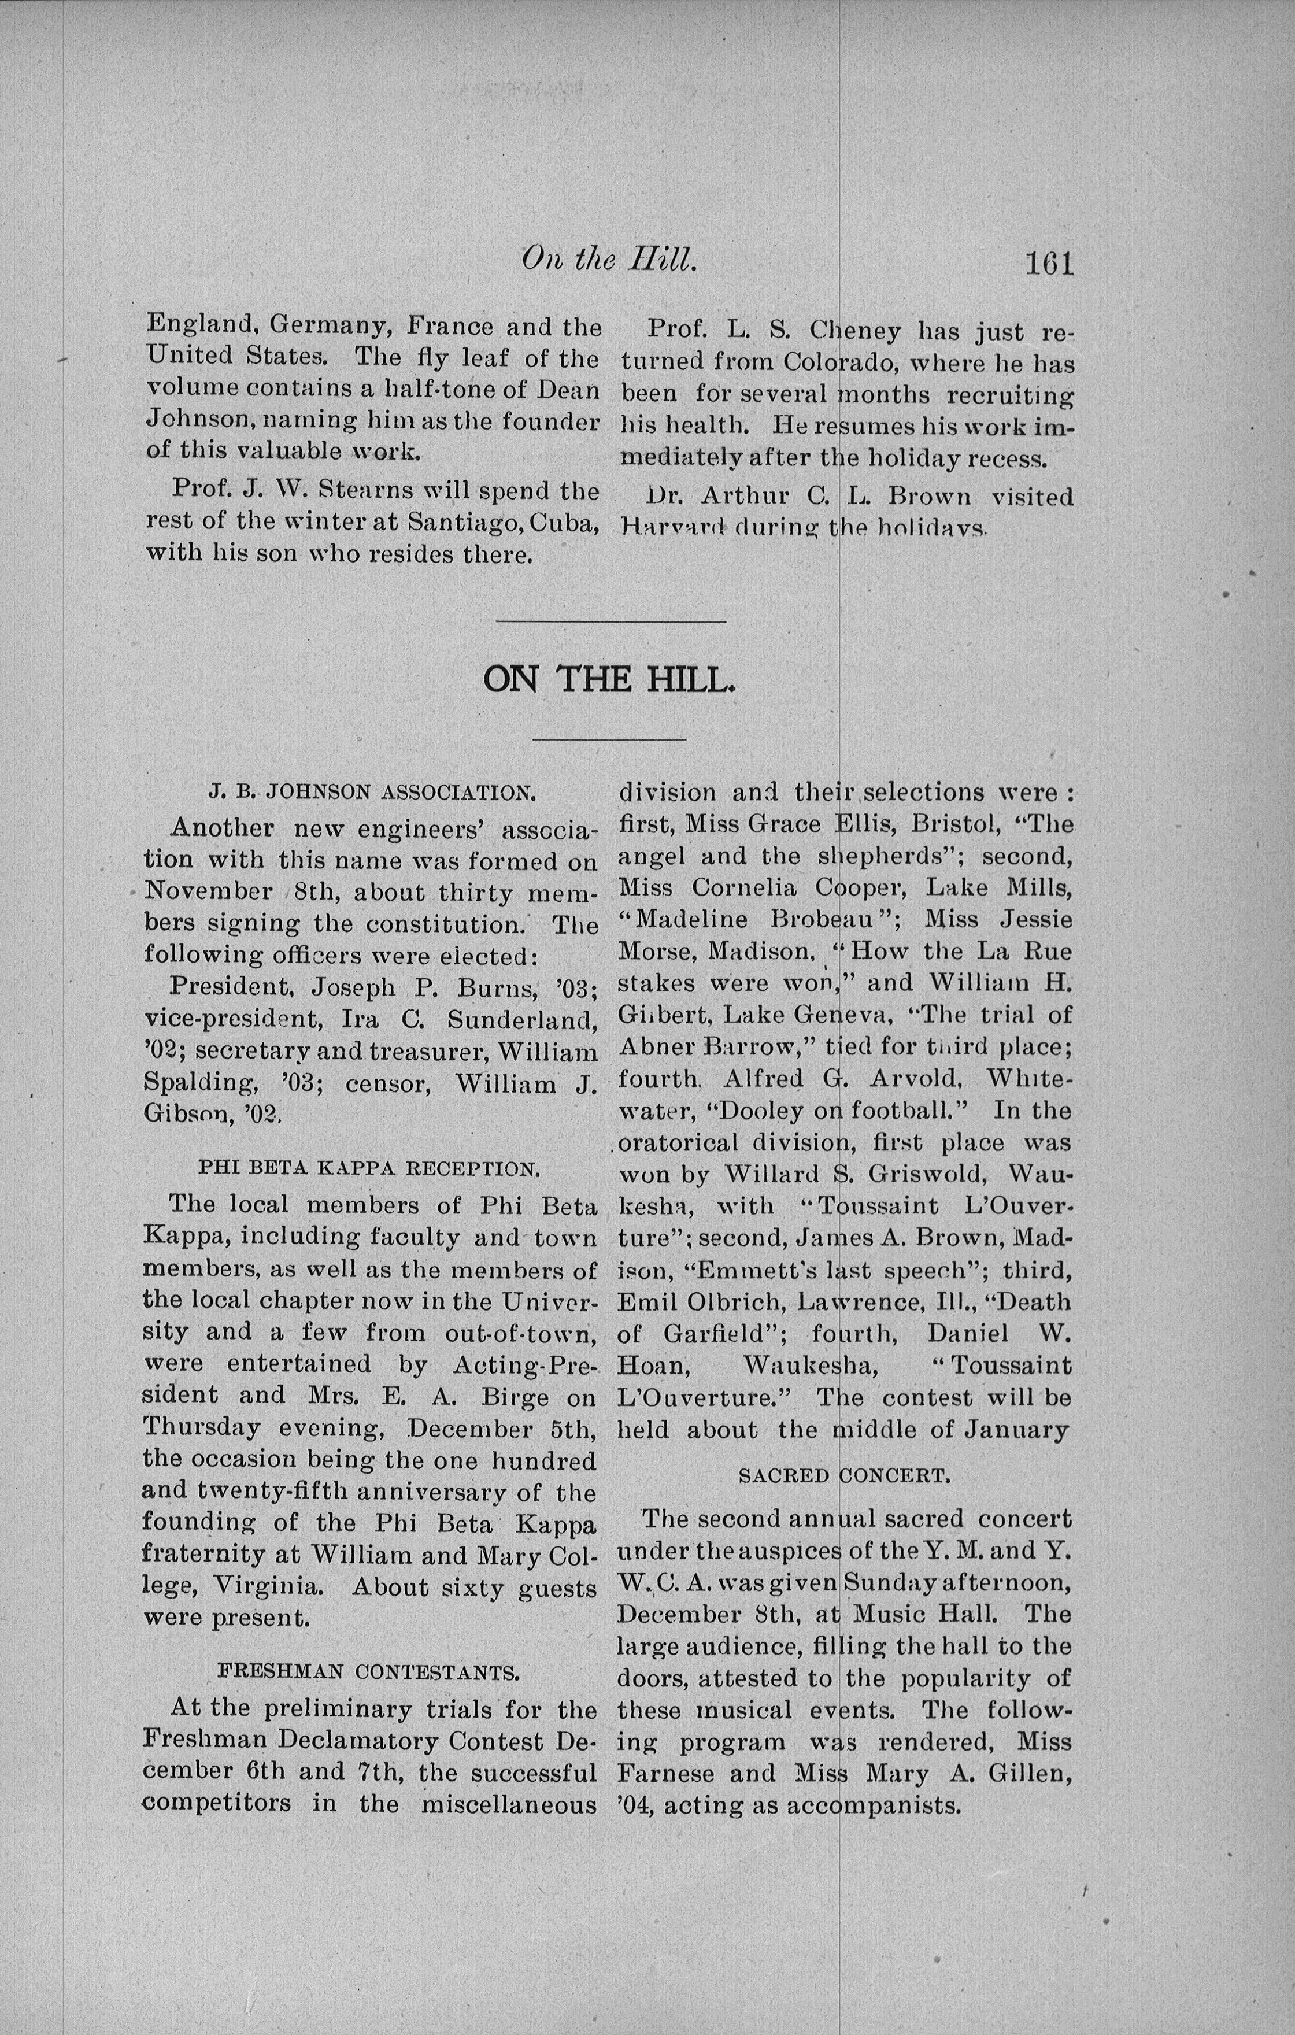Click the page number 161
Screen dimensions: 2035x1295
(1048, 264)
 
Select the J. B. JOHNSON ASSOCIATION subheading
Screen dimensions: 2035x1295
(372, 793)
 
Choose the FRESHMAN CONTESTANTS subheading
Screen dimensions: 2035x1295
(368, 1671)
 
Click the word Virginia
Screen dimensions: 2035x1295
(265, 1585)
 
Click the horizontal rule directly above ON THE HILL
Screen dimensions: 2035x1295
(611, 622)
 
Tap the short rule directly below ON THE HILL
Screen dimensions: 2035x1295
(609, 739)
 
